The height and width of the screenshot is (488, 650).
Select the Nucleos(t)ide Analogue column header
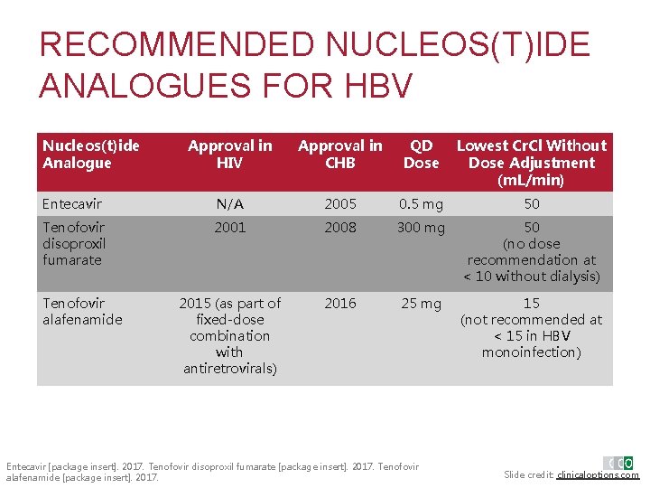tap(91, 154)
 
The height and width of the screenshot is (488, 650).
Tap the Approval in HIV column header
tap(229, 154)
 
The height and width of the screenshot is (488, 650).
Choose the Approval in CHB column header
tap(340, 154)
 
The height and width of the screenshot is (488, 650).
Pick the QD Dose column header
tap(421, 154)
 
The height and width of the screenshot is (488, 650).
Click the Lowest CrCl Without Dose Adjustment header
tap(532, 163)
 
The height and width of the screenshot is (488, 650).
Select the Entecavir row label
tap(72, 204)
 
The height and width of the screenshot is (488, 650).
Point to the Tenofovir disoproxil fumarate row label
tap(74, 243)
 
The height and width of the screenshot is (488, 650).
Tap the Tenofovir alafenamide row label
tap(82, 311)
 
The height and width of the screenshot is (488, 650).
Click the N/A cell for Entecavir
tap(229, 204)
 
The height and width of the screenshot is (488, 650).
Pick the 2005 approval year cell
tap(340, 204)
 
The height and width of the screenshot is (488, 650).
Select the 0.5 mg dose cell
tap(421, 204)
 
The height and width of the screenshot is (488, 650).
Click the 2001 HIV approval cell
tap(229, 228)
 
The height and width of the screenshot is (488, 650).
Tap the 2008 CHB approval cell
tap(340, 228)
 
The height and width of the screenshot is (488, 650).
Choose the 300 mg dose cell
tap(421, 228)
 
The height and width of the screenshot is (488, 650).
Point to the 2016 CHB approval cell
tap(340, 304)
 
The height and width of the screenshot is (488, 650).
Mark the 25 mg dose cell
tap(421, 304)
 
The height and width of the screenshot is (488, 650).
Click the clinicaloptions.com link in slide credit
tap(598, 474)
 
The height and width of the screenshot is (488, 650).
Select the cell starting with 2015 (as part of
tap(229, 335)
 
